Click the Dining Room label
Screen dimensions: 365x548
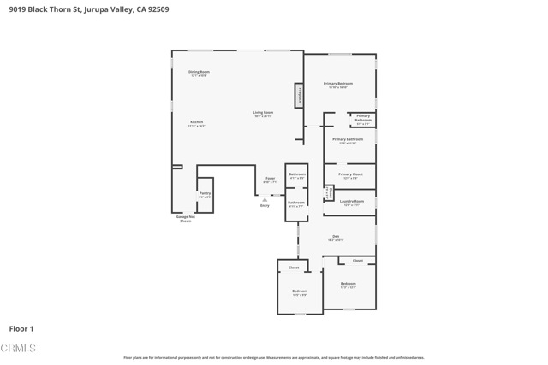199,73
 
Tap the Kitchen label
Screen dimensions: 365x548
197,123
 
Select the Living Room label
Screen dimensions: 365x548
263,114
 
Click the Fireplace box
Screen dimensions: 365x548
299,95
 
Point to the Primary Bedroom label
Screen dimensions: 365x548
337,85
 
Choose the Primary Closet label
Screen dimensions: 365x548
350,175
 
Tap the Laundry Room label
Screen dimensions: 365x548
352,203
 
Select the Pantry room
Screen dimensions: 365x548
205,195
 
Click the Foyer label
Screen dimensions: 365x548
270,180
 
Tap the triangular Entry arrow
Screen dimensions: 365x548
265,200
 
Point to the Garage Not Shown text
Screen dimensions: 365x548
185,219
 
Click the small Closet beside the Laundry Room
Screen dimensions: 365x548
328,192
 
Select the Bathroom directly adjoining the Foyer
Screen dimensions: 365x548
296,175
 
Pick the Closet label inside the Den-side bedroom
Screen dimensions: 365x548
357,261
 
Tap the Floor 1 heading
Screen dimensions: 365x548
21,328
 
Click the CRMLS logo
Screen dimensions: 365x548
19,348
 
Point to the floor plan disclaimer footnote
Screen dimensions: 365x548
273,358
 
